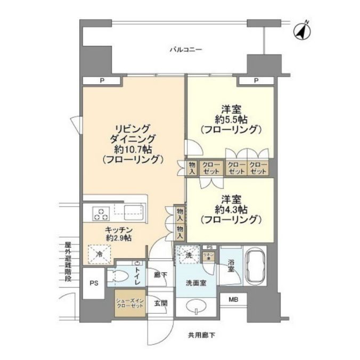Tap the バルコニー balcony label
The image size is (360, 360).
tap(186, 50)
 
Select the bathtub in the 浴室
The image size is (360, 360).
tap(257, 268)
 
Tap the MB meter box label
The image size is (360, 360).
tap(233, 300)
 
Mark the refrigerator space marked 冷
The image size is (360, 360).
tap(99, 255)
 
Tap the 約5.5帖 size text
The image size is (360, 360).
tap(230, 119)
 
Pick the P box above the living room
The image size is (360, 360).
tap(101, 80)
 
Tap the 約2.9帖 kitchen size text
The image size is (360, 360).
tap(118, 238)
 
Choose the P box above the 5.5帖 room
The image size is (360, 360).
tap(256, 80)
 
